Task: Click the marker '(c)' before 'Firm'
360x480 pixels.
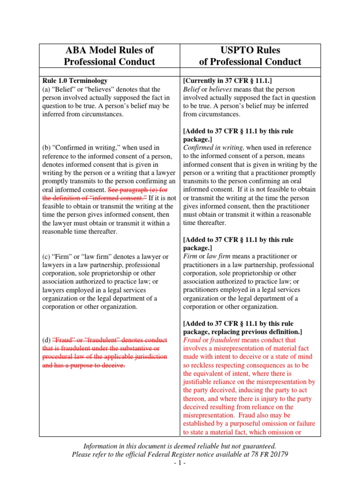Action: click(x=47, y=256)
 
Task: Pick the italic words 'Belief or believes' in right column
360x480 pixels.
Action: click(x=209, y=89)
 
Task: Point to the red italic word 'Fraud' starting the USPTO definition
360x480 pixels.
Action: click(x=191, y=340)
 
